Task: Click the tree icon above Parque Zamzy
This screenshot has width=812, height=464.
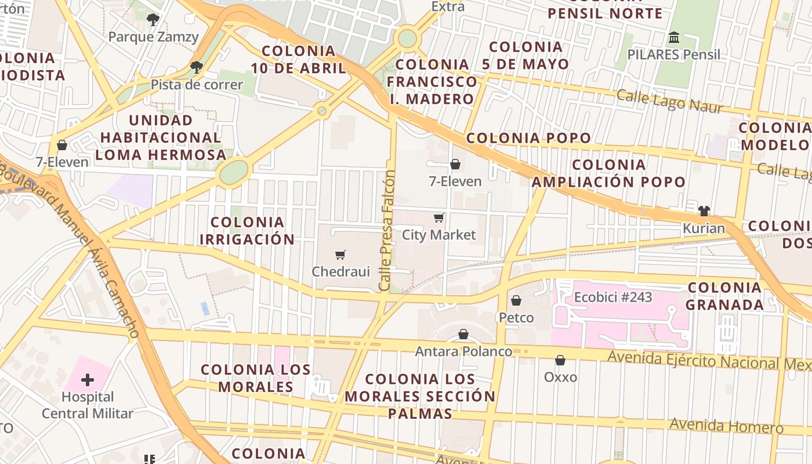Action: click(153, 20)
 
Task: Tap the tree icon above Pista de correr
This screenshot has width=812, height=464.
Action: click(197, 67)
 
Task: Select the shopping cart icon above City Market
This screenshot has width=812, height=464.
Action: click(439, 218)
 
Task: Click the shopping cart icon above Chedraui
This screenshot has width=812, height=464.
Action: click(340, 255)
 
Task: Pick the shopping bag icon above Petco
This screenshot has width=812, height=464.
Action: click(516, 300)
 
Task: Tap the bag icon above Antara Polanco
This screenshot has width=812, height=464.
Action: click(463, 334)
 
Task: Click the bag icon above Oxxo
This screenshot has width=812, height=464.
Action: click(560, 360)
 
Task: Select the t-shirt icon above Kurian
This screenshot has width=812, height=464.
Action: click(704, 211)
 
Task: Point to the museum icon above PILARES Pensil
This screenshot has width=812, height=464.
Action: click(674, 38)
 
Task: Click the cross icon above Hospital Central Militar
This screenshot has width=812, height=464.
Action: click(87, 380)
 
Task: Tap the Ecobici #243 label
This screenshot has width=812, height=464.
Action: click(613, 298)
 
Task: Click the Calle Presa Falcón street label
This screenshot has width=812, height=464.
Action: click(386, 231)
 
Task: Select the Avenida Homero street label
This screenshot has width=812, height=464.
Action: click(726, 425)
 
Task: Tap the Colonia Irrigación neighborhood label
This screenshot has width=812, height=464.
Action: click(247, 230)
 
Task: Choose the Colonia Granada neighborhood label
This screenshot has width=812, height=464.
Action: click(724, 296)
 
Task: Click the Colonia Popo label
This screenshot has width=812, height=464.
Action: click(528, 138)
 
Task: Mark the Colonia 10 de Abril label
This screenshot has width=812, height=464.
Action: click(299, 59)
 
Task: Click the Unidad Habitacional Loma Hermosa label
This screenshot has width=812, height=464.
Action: click(161, 137)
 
